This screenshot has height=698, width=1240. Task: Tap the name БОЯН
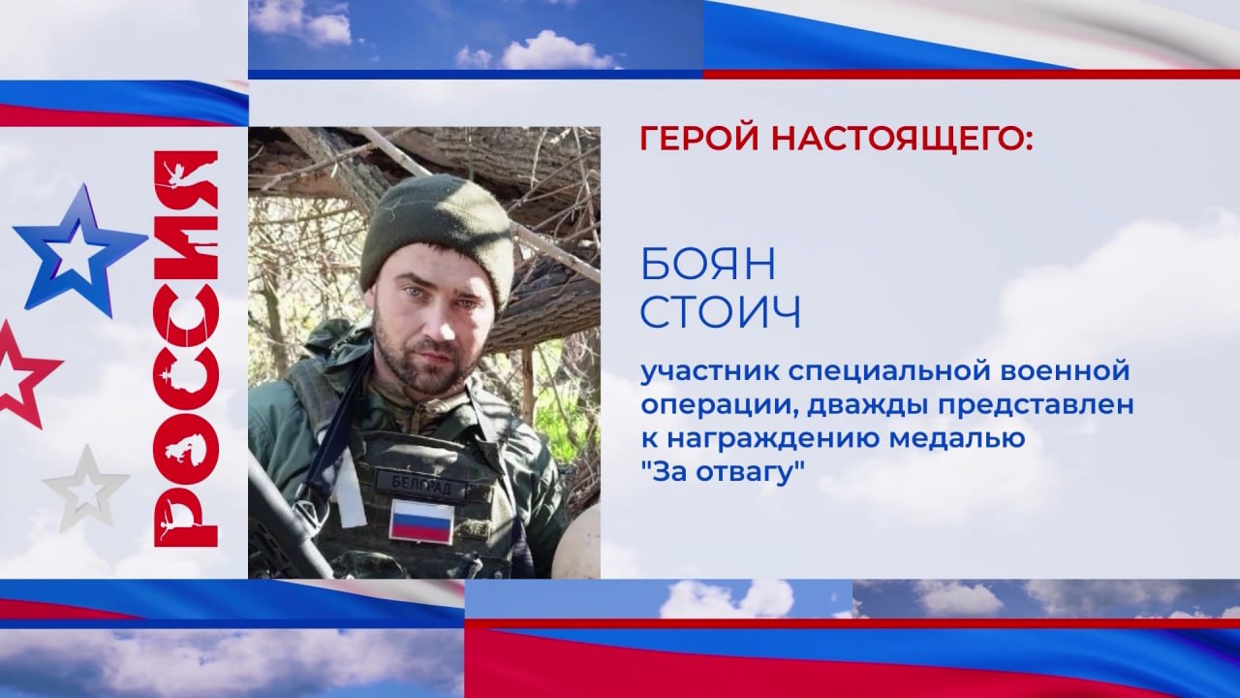pos(708,266)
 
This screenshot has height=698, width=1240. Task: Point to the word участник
pos(708,371)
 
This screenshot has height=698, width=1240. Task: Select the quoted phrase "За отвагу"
pos(722,474)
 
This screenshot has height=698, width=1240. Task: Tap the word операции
pos(719,407)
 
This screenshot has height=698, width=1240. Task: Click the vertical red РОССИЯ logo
pos(185,348)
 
